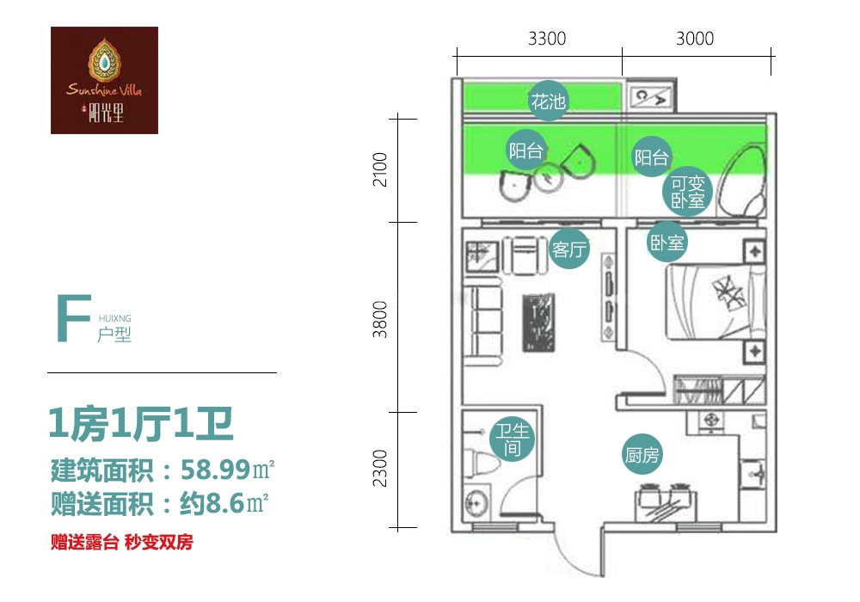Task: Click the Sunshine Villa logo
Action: [104, 80]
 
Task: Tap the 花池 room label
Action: [548, 101]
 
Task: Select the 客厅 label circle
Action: [569, 249]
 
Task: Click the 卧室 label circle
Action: [666, 242]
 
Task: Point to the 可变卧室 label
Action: [687, 191]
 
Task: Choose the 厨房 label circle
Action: [642, 455]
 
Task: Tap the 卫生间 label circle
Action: [513, 439]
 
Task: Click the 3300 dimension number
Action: [547, 39]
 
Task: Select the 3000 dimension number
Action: [695, 39]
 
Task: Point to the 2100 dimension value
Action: [379, 169]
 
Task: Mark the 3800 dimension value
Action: [379, 319]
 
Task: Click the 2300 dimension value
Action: [379, 468]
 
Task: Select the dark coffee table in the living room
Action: [538, 322]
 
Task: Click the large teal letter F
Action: [73, 318]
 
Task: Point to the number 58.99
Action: [216, 470]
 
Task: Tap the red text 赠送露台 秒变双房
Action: [122, 543]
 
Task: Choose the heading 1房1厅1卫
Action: [141, 424]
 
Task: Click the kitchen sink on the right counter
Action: [755, 474]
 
